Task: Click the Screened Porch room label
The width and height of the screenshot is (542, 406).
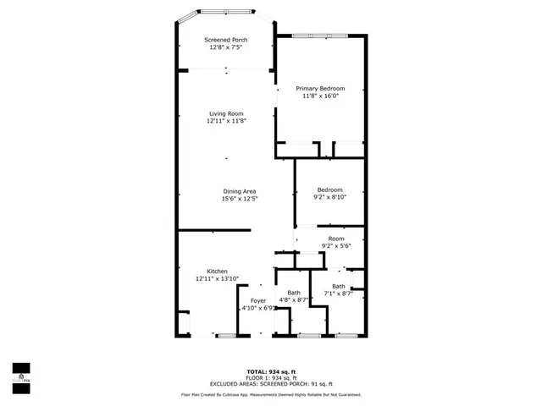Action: tap(225, 40)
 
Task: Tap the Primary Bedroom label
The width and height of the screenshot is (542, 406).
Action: tap(320, 88)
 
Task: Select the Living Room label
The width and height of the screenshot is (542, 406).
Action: tap(226, 113)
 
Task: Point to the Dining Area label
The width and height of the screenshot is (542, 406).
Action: tap(239, 191)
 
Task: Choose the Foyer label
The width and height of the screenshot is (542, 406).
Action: tap(257, 300)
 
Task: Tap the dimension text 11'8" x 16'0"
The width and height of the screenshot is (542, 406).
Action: tap(320, 96)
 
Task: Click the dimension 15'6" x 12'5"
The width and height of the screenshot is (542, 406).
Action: tap(239, 199)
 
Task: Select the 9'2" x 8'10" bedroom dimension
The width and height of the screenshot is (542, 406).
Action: tap(329, 197)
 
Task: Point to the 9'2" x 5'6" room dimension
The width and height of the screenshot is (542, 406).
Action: tap(336, 246)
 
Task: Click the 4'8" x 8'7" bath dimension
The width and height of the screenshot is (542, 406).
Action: tap(293, 300)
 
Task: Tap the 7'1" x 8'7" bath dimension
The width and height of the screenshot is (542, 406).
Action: tap(338, 294)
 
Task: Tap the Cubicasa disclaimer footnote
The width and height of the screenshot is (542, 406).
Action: tap(271, 394)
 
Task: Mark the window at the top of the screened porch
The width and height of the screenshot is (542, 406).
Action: tap(224, 11)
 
